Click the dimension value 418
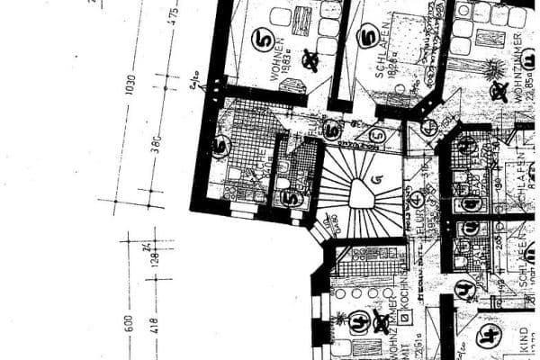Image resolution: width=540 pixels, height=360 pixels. [x=155, y=324]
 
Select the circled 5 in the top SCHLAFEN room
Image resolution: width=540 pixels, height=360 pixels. [x=367, y=37]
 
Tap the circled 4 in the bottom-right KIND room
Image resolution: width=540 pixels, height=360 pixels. [x=490, y=338]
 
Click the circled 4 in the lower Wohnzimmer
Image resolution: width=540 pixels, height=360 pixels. [x=359, y=319]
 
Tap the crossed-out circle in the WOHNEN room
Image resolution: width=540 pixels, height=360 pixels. [x=311, y=60]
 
